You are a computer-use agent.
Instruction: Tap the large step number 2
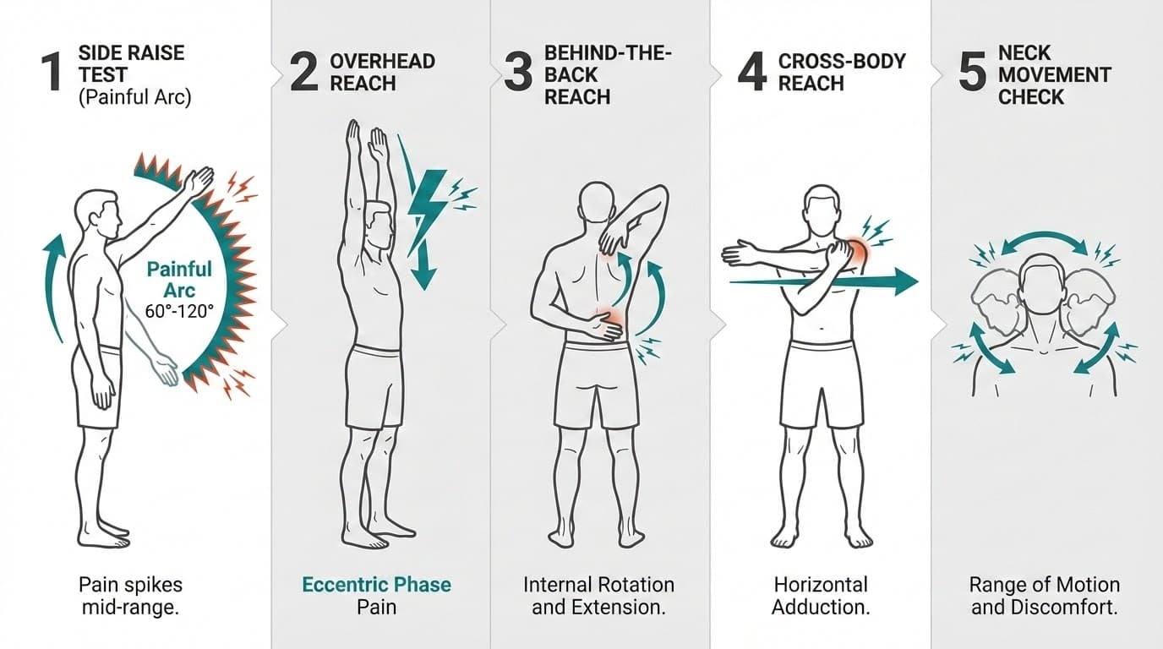303,72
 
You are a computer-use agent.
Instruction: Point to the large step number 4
752,72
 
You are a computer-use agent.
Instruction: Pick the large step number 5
972,72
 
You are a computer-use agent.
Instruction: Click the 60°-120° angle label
179,311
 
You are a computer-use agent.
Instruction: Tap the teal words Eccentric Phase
376,585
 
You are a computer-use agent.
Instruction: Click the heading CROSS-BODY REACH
841,72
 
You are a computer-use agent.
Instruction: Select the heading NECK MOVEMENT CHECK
1053,74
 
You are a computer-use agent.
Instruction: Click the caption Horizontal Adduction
820,596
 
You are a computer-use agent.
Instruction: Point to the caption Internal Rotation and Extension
598,596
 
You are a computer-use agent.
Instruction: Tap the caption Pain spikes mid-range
130,596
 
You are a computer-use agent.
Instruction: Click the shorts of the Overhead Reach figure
374,384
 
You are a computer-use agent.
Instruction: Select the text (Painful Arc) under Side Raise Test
134,97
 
